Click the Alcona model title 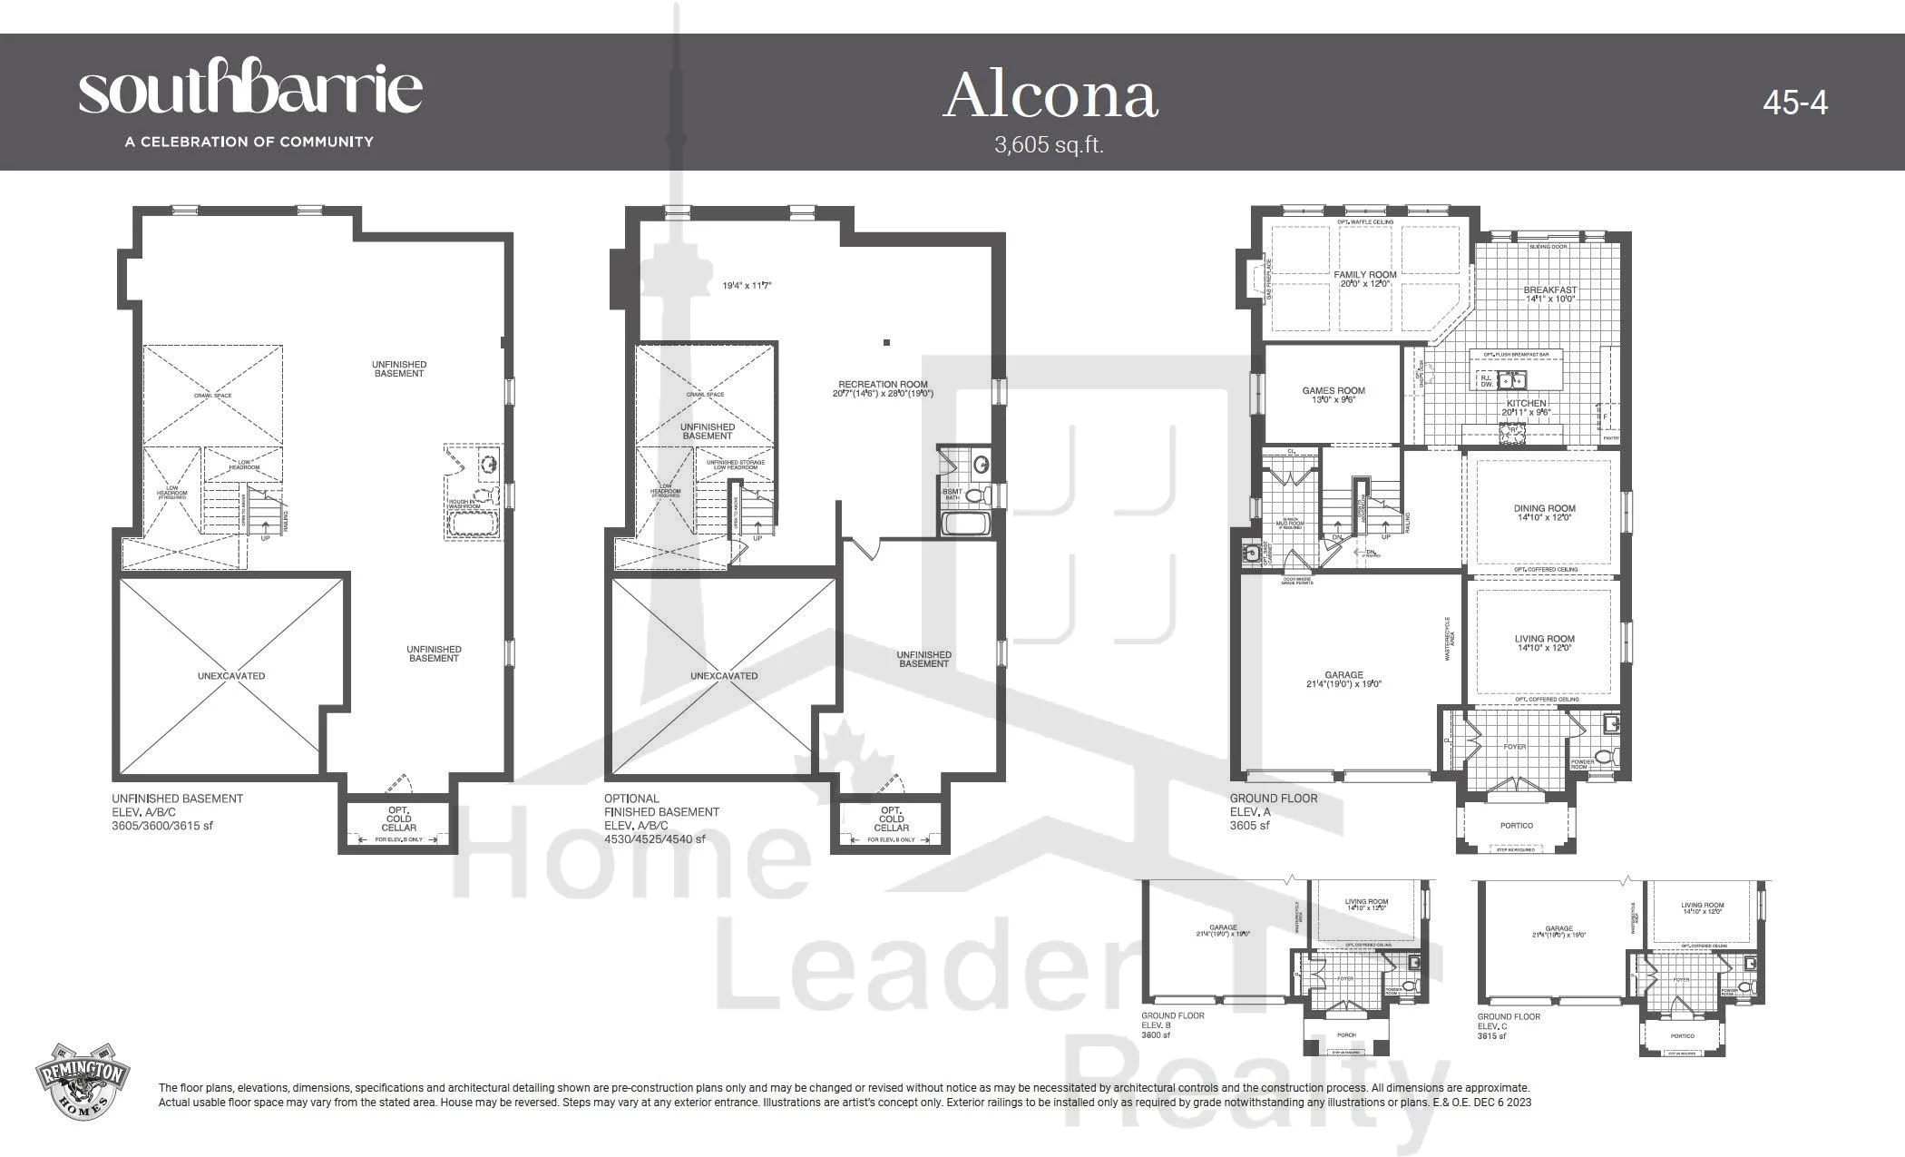(x=1050, y=96)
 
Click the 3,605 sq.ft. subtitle (x=1049, y=145)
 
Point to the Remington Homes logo (x=82, y=1085)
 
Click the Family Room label (x=1364, y=274)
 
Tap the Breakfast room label (x=1549, y=289)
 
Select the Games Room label (x=1333, y=391)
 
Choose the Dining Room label (x=1544, y=509)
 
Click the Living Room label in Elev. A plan (x=1544, y=639)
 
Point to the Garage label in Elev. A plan (x=1343, y=675)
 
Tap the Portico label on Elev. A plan (x=1516, y=826)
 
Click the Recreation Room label (x=883, y=385)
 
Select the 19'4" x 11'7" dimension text (x=747, y=286)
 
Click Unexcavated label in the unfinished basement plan (x=231, y=676)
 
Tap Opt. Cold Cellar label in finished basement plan (x=891, y=819)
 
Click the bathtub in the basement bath (x=967, y=524)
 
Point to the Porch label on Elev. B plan (x=1346, y=1034)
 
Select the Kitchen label (x=1526, y=403)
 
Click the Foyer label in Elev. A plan (x=1514, y=747)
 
